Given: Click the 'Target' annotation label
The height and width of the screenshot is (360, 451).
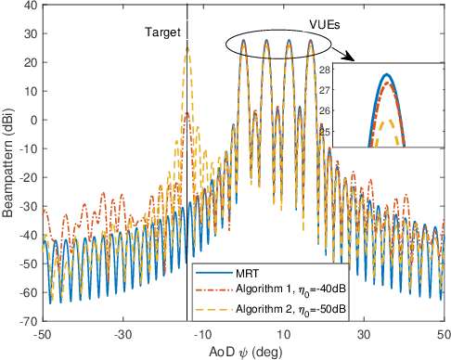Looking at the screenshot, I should pyautogui.click(x=162, y=32).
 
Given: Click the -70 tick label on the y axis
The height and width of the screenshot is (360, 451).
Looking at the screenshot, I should pyautogui.click(x=30, y=321).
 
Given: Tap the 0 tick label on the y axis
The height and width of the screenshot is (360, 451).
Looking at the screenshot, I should pyautogui.click(x=34, y=120).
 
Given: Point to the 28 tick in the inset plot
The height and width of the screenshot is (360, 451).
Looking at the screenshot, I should pyautogui.click(x=351, y=71).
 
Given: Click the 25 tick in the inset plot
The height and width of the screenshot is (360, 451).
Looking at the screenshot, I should pyautogui.click(x=351, y=131).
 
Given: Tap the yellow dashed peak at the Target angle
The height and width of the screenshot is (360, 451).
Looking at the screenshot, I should pyautogui.click(x=187, y=48).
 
